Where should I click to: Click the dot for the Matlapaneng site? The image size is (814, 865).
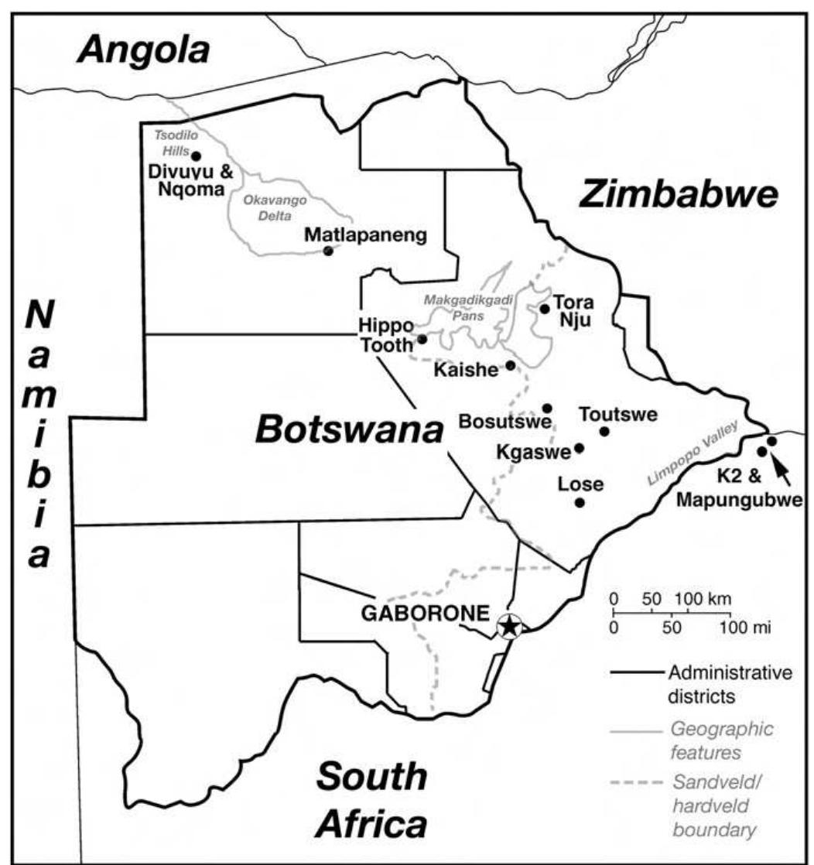(x=328, y=251)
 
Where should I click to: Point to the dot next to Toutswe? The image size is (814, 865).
(x=604, y=431)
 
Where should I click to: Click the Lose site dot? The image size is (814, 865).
(x=579, y=502)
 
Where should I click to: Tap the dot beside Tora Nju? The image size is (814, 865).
(x=545, y=309)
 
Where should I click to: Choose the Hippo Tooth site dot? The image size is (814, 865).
(x=422, y=339)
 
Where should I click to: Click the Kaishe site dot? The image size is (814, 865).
(x=510, y=365)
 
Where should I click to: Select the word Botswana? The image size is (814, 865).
(x=348, y=429)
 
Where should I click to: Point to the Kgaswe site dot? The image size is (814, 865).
(x=579, y=447)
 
